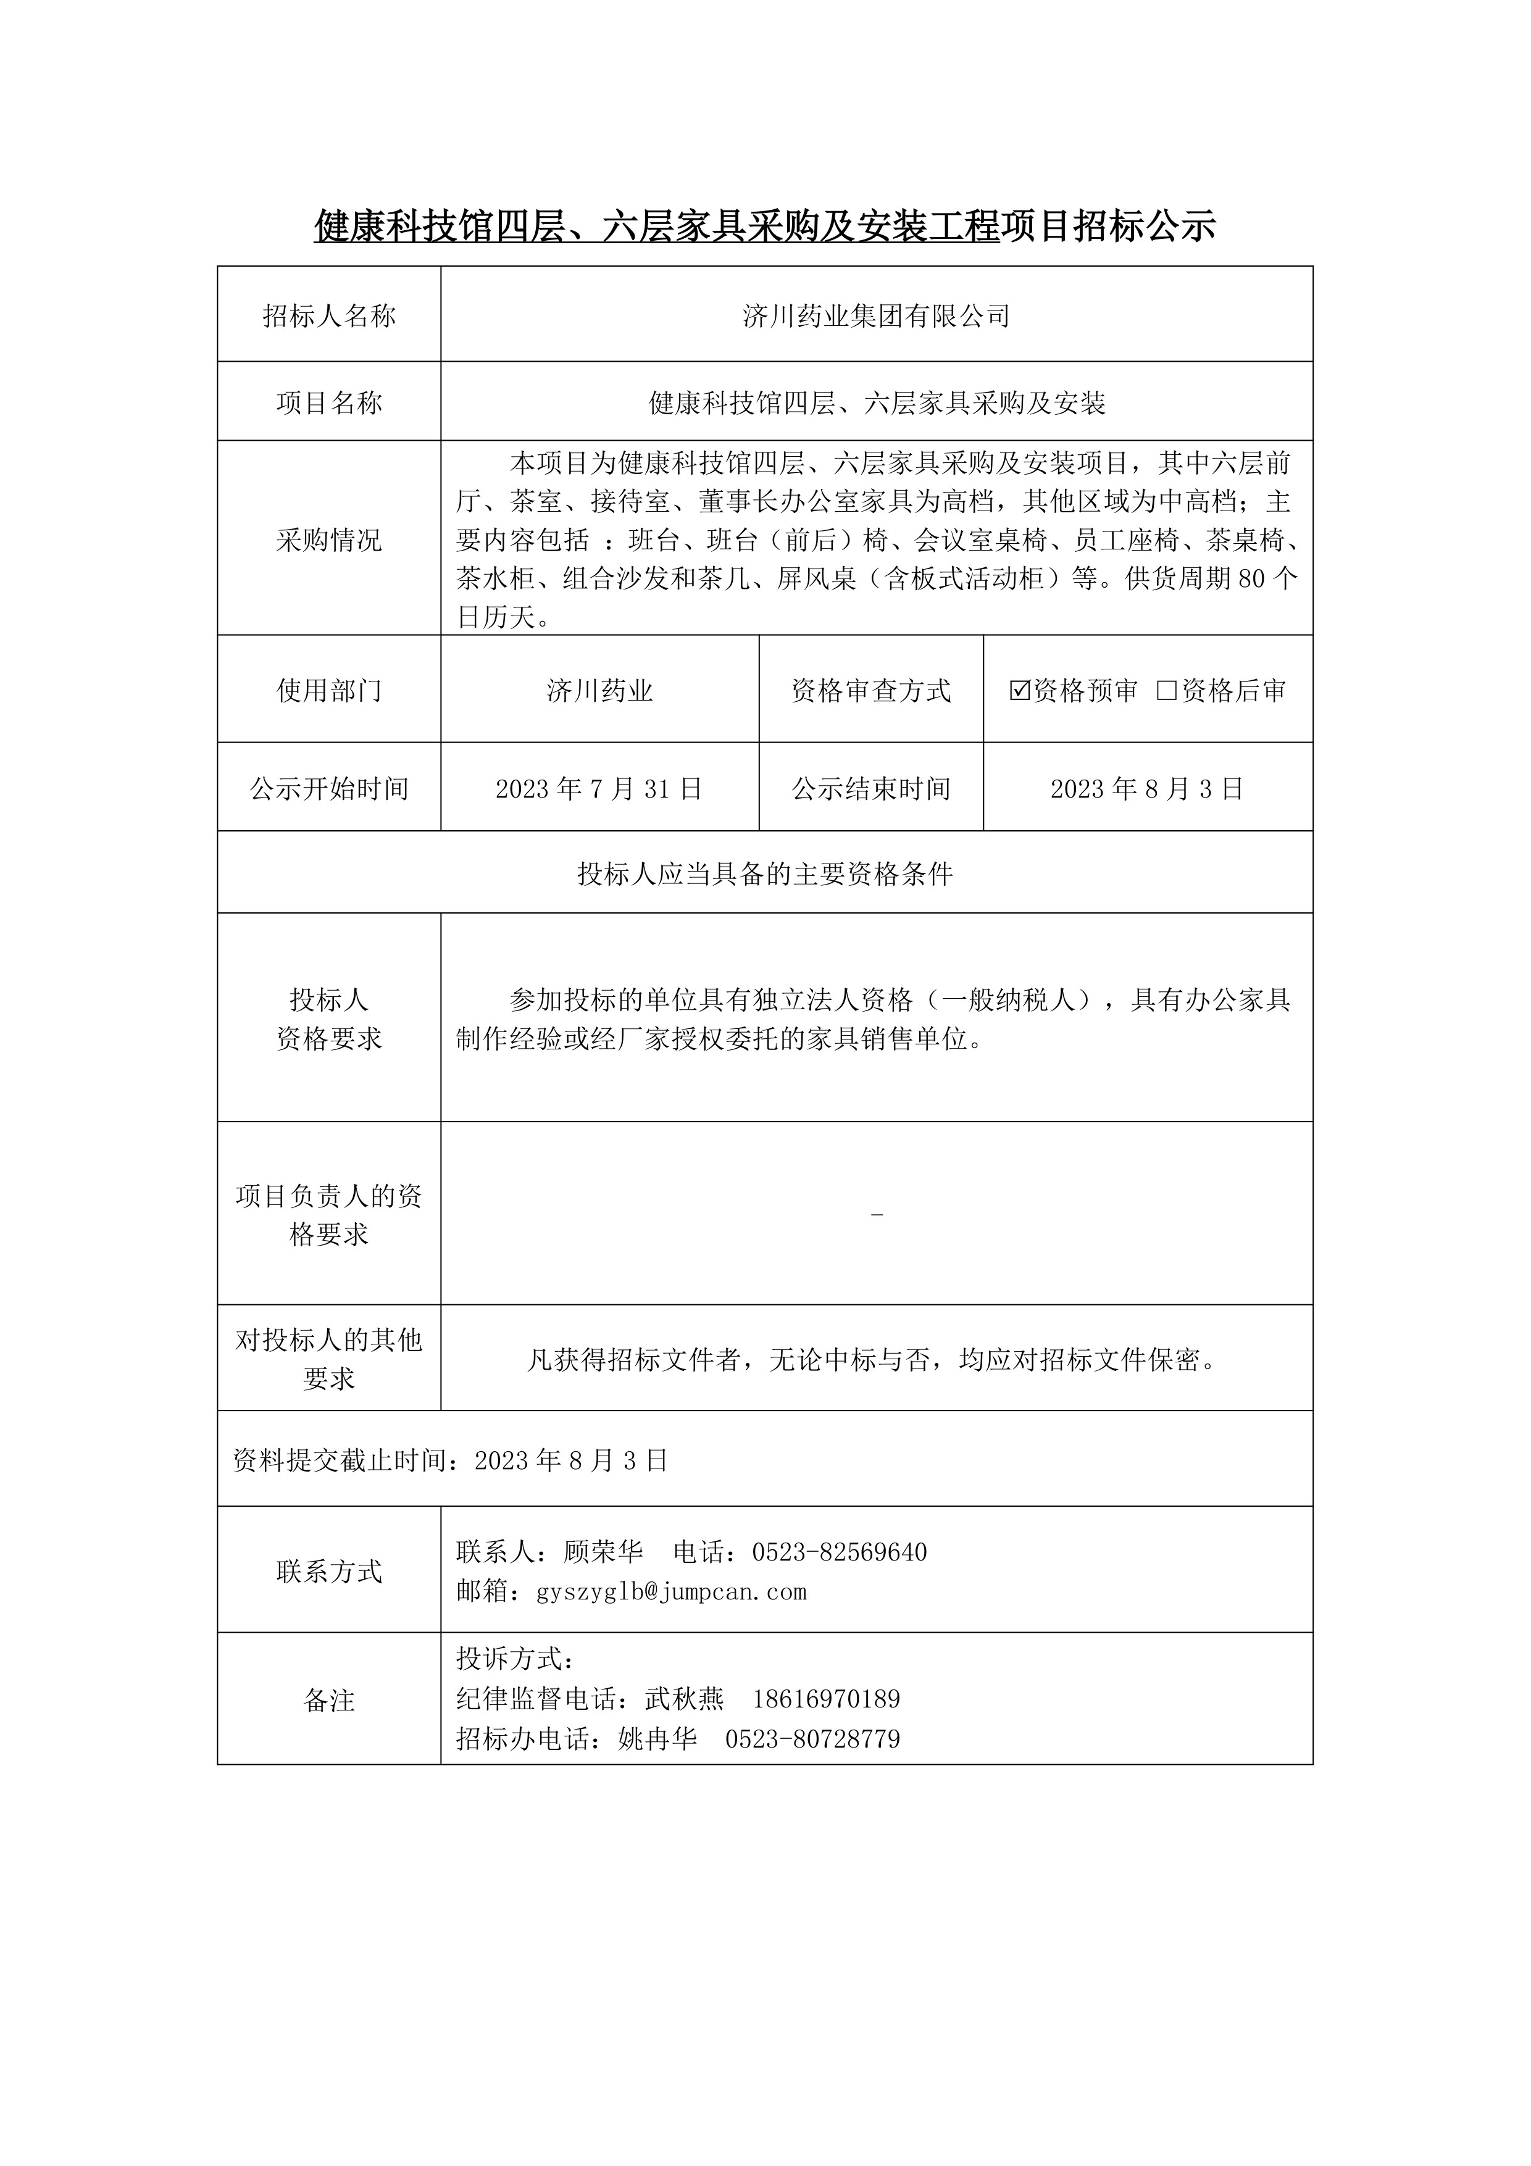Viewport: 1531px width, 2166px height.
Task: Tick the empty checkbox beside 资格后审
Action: pos(1167,691)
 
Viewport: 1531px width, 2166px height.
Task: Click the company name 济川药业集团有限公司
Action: pos(877,316)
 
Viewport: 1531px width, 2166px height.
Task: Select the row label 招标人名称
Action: pos(329,316)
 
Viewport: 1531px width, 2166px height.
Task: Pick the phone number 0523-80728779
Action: pos(812,1739)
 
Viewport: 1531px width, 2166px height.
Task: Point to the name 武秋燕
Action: pos(684,1699)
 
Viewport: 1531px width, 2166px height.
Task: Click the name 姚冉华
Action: pos(657,1739)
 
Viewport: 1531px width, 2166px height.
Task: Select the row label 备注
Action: pos(329,1700)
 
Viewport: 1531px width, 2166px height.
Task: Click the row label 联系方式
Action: pos(329,1572)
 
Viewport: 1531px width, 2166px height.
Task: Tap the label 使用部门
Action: pos(329,691)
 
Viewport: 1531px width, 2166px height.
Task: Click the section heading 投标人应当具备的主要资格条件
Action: pos(765,873)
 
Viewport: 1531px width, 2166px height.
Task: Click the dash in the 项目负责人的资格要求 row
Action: pos(877,1215)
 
